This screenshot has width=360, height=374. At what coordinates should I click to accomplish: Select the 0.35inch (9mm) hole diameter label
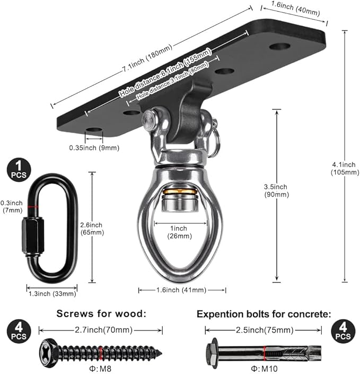point(94,147)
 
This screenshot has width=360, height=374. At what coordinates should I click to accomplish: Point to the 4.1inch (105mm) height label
point(339,168)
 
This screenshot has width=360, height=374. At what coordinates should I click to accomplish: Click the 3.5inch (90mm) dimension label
point(276,190)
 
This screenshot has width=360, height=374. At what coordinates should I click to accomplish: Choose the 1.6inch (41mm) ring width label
point(182,290)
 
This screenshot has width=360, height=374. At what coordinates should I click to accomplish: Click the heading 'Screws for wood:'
point(101,314)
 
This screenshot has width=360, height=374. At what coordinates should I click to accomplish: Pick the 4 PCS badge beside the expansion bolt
point(342,333)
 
